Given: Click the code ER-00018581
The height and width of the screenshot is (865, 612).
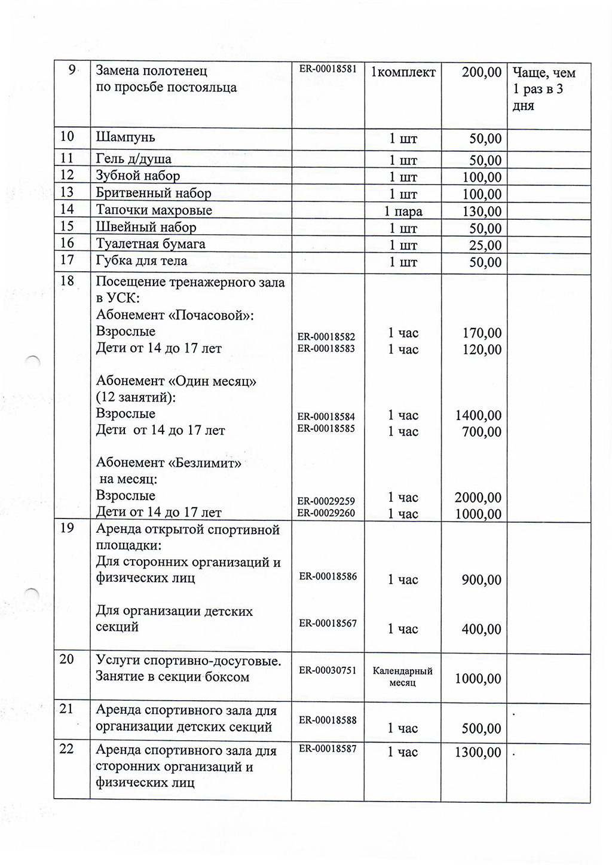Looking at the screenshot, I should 328,69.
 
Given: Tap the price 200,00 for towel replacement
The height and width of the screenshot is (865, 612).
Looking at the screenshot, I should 482,73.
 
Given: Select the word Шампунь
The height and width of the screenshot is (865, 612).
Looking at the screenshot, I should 126,137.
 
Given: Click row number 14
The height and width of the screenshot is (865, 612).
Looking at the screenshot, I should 67,209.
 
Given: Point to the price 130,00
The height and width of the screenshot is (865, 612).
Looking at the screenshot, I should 482,211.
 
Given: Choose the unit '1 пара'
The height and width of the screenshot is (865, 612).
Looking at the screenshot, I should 403,211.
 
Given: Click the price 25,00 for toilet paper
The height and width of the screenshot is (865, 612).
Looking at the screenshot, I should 485,245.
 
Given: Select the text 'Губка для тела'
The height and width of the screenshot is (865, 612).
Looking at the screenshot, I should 142,261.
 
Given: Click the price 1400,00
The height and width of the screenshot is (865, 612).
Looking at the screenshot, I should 478,416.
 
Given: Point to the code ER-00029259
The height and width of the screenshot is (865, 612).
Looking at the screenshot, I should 326,501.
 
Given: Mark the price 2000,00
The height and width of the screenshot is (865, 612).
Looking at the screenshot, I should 478,498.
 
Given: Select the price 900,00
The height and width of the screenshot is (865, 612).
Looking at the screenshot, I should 481,580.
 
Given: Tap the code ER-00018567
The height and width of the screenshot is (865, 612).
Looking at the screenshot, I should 328,624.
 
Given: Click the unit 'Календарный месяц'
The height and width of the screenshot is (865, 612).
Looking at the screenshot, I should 402,677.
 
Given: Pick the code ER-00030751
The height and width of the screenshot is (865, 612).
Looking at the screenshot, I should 328,671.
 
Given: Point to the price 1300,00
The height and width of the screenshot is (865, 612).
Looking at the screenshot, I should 478,753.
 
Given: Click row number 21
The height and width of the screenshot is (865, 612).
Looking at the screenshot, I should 66,709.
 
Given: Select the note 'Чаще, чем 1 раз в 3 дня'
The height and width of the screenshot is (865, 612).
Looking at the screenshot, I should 543,90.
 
